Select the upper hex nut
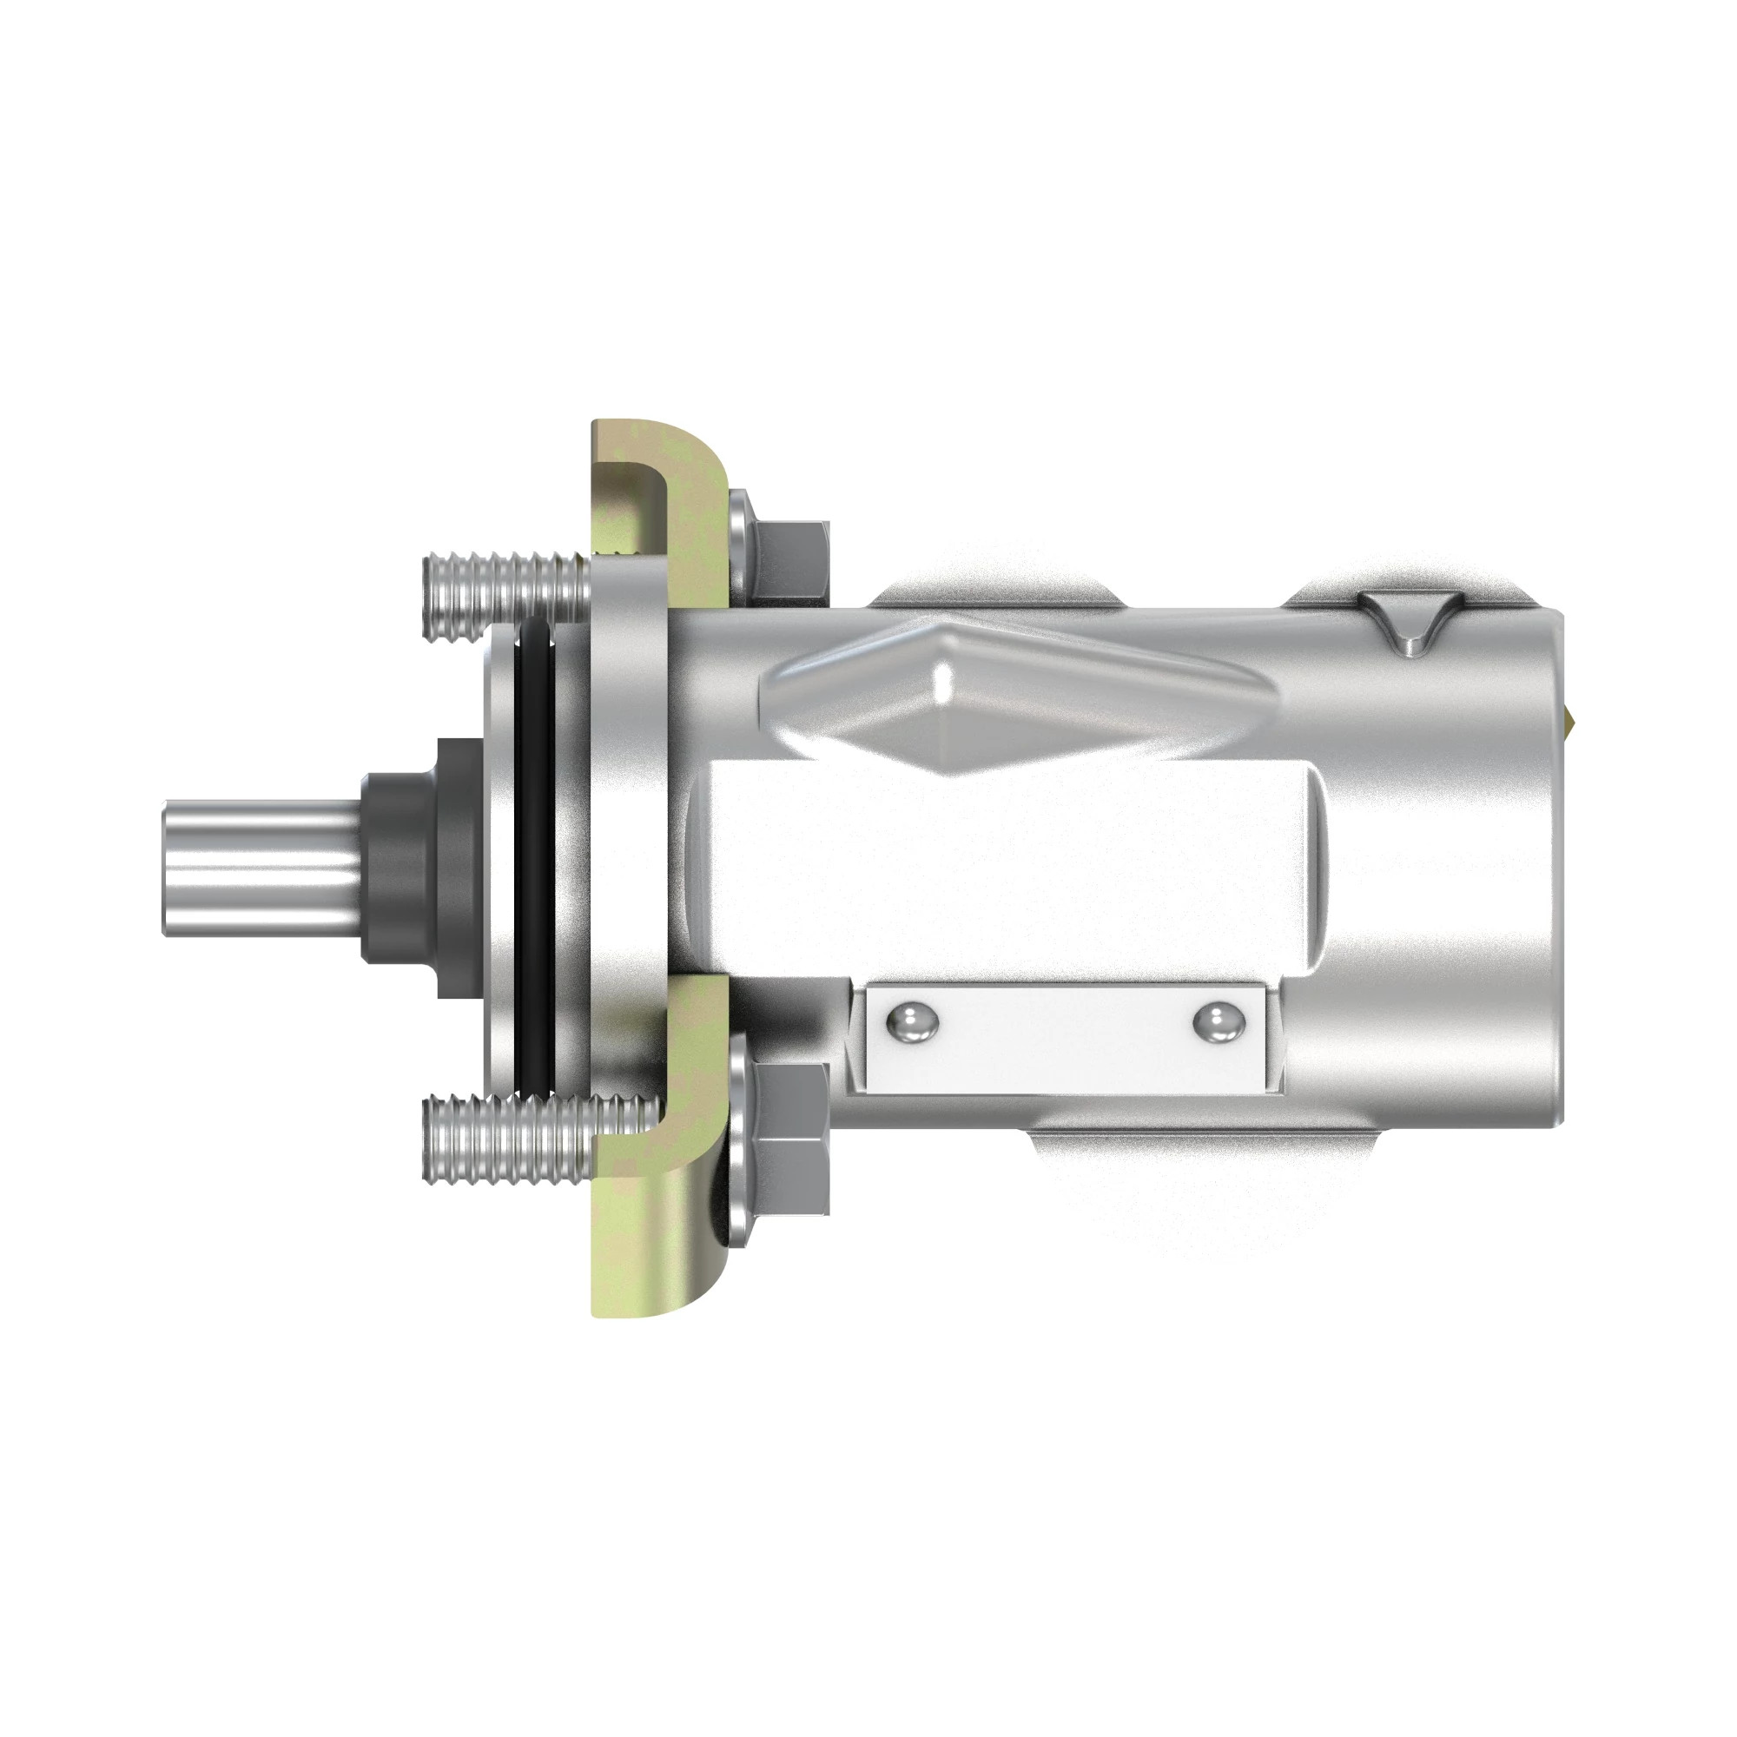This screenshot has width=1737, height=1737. (x=789, y=558)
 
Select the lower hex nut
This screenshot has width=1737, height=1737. (x=789, y=1138)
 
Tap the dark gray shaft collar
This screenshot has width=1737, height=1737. (x=400, y=868)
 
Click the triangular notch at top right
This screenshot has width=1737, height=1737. (x=1407, y=620)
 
